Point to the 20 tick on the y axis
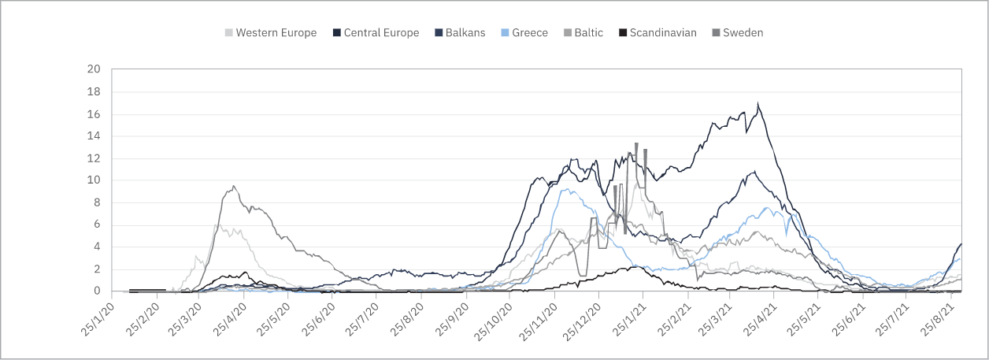point(94,69)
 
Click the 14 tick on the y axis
point(94,136)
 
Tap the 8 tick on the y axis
point(97,202)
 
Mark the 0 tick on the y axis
point(97,291)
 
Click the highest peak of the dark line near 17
point(757,103)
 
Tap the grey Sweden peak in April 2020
point(234,186)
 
